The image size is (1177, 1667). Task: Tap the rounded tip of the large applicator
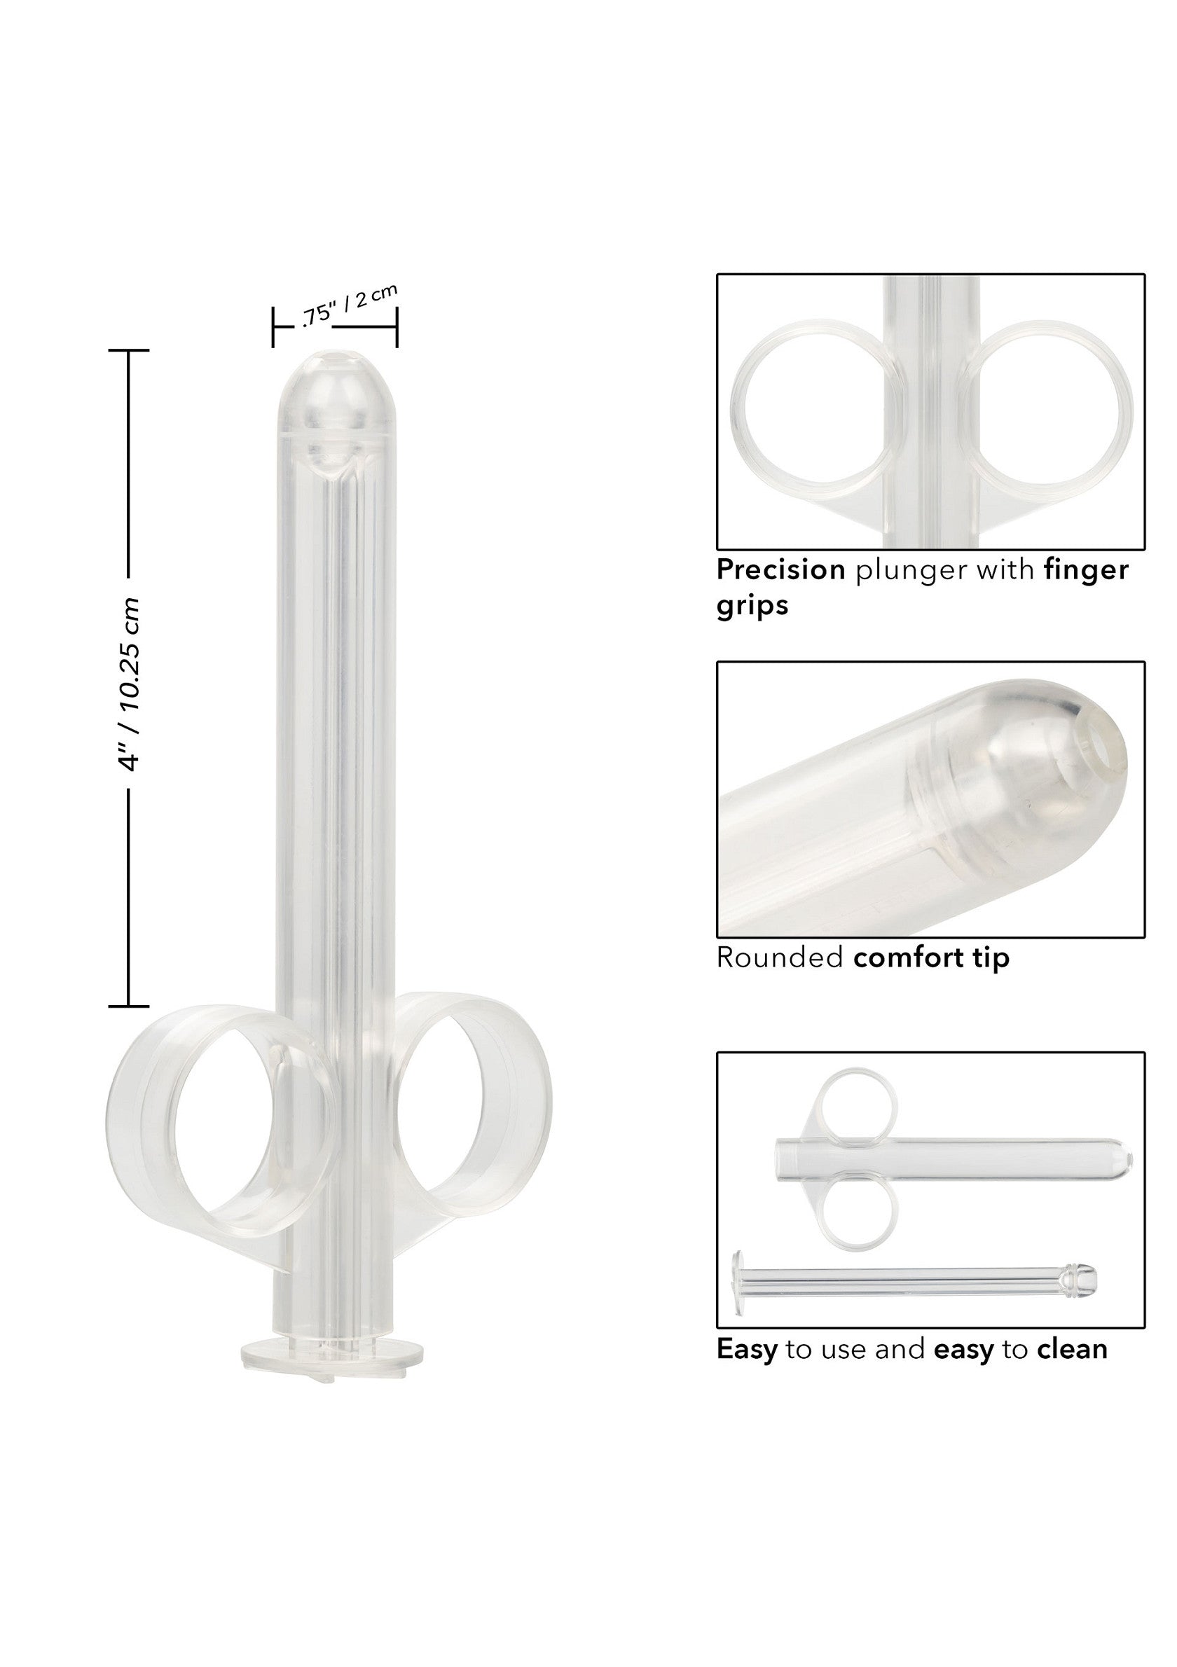tap(335, 385)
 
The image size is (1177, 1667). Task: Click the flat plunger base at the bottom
tap(331, 1355)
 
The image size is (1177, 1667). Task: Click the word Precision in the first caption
tap(780, 570)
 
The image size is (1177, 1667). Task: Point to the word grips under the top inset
tap(752, 604)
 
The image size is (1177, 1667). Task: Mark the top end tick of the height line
tap(128, 350)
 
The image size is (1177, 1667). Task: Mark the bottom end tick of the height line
tap(128, 1007)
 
